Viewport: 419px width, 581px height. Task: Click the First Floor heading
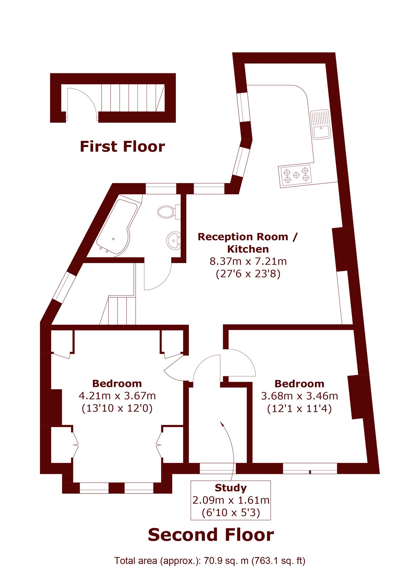tap(122, 147)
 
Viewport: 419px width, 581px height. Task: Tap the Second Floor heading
tap(211, 535)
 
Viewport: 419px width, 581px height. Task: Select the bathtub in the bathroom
tap(118, 226)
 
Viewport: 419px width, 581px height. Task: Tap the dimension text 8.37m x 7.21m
tap(248, 261)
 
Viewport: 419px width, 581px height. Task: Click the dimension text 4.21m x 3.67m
tap(117, 396)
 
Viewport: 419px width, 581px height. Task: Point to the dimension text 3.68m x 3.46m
tap(299, 396)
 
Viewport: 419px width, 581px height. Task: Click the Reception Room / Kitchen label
tap(248, 243)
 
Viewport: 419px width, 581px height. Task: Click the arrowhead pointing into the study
tap(222, 424)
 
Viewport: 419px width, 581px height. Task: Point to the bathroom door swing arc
tap(161, 281)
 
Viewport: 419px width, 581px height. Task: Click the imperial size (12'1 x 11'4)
tap(299, 409)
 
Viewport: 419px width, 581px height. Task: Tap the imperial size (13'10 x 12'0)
tap(117, 409)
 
